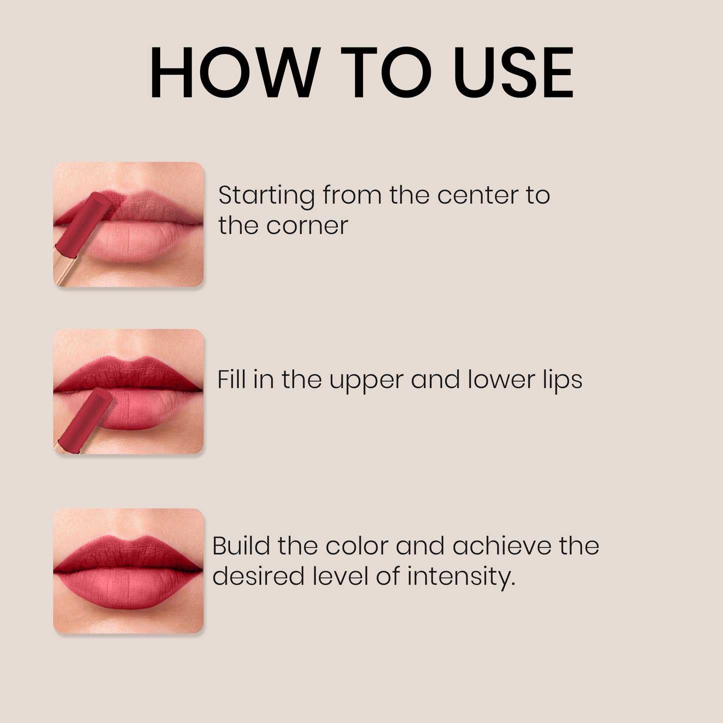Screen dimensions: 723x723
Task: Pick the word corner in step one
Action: (307, 226)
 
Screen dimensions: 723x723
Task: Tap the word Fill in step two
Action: (231, 379)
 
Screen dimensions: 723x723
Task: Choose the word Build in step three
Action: (240, 545)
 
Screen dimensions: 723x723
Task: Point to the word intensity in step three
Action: (460, 577)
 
